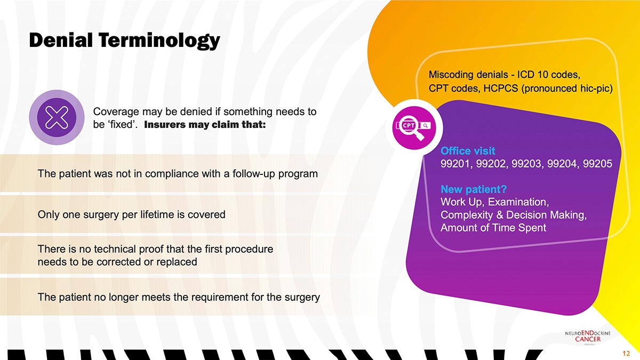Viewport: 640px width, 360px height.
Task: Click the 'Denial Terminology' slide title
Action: tap(125, 41)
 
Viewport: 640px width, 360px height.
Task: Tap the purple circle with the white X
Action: tap(57, 117)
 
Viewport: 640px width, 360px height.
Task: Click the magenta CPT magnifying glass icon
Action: tap(414, 127)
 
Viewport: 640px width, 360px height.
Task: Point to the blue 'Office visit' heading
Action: tap(468, 151)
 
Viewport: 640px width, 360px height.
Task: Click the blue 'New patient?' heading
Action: tap(474, 189)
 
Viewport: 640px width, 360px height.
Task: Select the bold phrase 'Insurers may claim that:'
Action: tap(205, 125)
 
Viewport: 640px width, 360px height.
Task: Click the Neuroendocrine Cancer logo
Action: tap(588, 337)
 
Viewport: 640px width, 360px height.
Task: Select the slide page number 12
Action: tap(626, 354)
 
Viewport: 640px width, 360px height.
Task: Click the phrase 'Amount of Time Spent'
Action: tap(493, 228)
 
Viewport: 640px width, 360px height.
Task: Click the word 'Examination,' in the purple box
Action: tap(518, 202)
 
